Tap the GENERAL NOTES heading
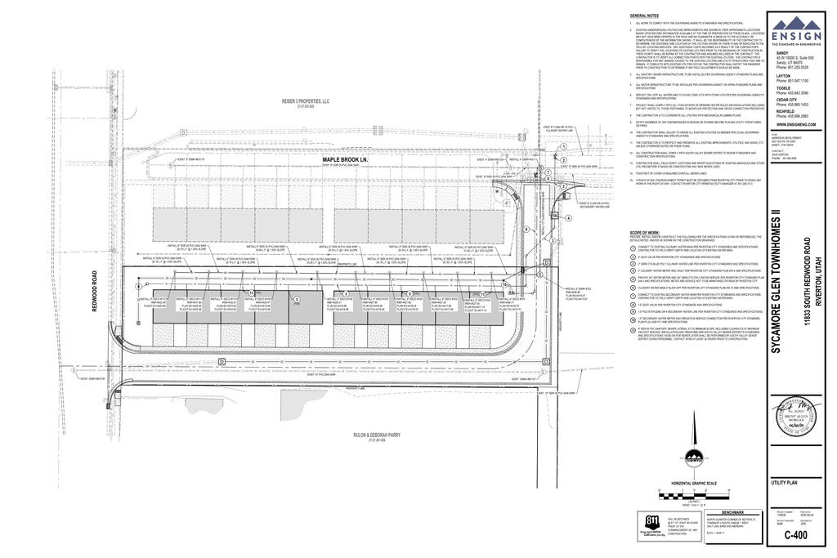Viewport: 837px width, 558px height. (x=646, y=16)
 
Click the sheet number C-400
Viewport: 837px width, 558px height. (x=801, y=535)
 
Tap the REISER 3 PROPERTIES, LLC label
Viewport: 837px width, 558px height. (x=305, y=101)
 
